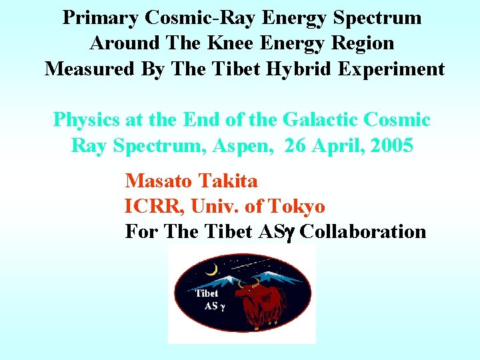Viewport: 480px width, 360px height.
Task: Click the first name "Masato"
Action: tap(157, 181)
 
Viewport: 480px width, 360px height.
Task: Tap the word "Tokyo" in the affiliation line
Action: tap(296, 207)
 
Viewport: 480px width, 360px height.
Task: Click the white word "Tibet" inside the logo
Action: tap(207, 293)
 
